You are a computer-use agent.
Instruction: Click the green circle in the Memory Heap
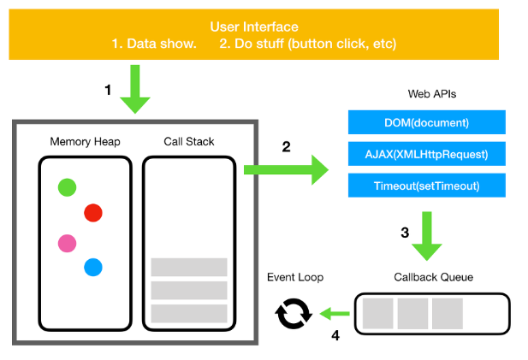pos(66,187)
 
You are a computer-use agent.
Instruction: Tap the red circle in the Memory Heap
pos(93,213)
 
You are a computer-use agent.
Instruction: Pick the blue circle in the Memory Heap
pos(93,268)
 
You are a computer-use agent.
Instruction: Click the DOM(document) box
pos(427,122)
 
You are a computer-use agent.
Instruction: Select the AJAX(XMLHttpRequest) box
pos(427,154)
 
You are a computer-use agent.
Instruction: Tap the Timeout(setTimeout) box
pos(427,186)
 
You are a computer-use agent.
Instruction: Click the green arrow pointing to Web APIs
pos(287,170)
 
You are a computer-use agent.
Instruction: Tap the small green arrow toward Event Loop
pos(335,314)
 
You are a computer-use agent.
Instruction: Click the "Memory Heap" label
pos(84,140)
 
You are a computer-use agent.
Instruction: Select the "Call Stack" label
pos(188,140)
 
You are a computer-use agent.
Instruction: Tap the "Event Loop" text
pos(295,277)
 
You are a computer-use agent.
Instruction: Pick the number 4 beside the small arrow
pos(335,335)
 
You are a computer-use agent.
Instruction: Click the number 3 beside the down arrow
pos(405,232)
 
